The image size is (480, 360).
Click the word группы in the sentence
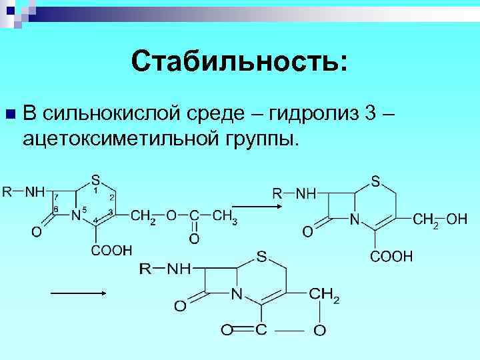tap(263, 138)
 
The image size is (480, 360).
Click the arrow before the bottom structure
tap(79, 293)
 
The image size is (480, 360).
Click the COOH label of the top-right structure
tap(392, 256)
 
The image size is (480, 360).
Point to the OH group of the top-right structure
tap(457, 219)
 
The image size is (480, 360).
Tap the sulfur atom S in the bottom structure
tap(261, 256)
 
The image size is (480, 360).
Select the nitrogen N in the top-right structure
tap(355, 219)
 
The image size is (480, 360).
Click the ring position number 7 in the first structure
tap(57, 197)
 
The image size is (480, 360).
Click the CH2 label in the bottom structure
tap(325, 295)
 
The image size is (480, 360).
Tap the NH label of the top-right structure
tap(307, 193)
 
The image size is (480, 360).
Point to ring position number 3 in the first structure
tap(110, 212)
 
